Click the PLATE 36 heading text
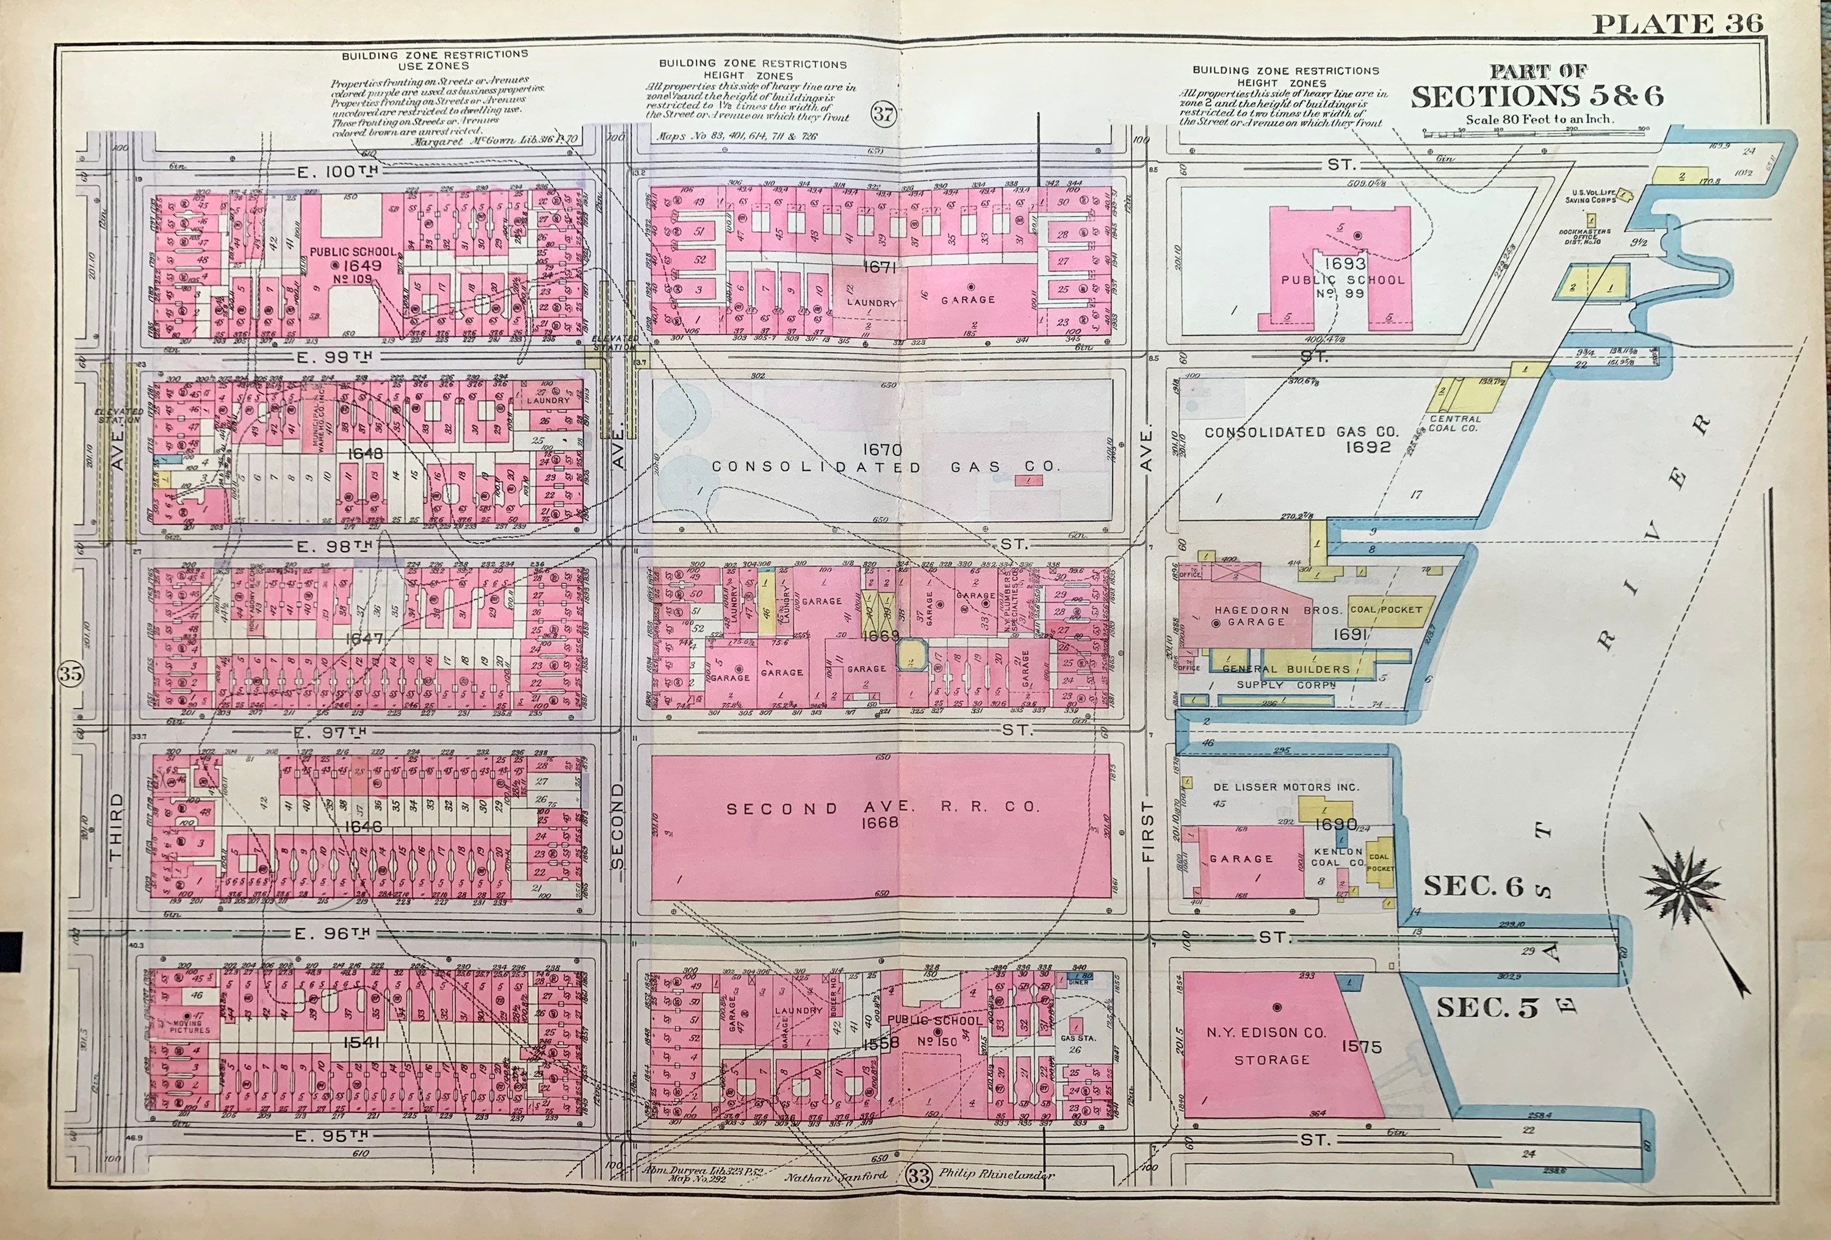tap(1677, 24)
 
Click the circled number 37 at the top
tap(884, 114)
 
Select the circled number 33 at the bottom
tap(918, 1176)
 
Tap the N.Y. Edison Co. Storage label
tap(1271, 1045)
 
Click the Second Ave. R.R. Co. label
tap(883, 809)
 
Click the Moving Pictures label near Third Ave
tap(189, 1026)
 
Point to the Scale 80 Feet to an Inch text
tap(1539, 120)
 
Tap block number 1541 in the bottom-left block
tap(362, 1042)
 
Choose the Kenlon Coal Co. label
tap(1338, 856)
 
